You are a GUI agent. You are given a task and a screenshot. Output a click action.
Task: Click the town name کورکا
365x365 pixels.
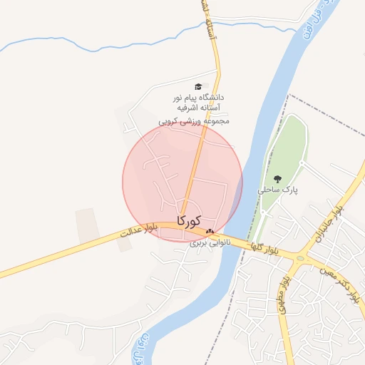pos(188,220)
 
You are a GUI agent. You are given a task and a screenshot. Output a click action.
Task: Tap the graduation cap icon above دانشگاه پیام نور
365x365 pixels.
pos(197,86)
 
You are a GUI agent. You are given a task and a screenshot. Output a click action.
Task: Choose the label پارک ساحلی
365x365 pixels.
pos(277,190)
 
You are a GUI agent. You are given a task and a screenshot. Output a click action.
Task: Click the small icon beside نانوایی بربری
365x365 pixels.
pos(209,231)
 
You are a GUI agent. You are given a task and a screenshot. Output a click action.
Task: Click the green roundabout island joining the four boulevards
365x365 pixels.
pos(299,259)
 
